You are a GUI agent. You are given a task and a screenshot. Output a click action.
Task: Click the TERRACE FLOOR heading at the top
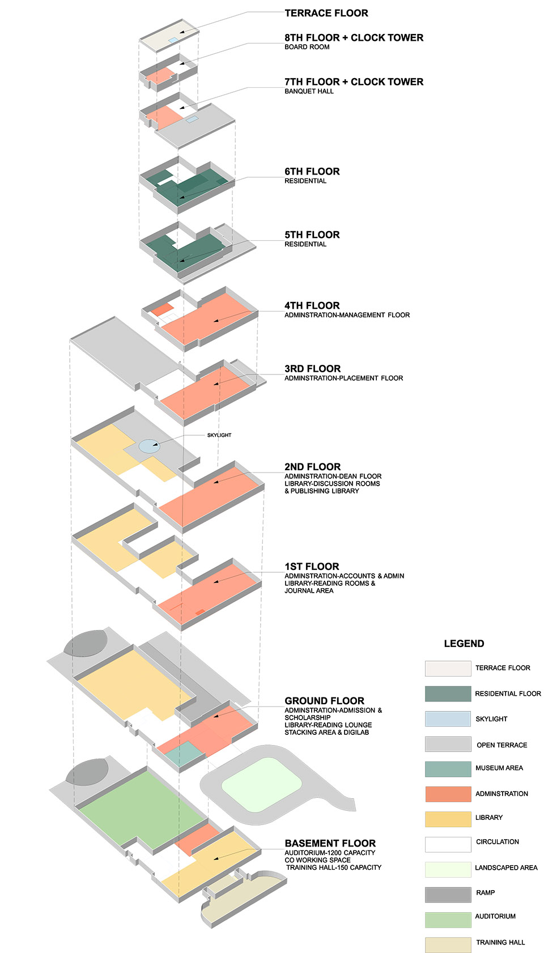tap(326, 13)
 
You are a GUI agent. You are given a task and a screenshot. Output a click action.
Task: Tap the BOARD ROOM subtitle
tap(307, 47)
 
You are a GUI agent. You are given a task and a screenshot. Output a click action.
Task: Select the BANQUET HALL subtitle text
tap(309, 91)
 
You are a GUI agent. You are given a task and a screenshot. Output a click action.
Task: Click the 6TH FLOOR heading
tap(312, 172)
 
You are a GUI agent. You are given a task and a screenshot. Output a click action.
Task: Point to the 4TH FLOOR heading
tap(312, 306)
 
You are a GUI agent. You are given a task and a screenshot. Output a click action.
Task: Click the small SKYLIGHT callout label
tap(219, 435)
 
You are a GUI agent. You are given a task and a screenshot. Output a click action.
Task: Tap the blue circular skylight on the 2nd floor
tap(150, 446)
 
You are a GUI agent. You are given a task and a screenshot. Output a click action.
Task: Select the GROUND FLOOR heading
tap(324, 701)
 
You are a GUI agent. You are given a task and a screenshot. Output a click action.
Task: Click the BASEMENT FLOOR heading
tap(330, 843)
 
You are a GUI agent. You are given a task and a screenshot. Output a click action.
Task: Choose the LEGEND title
tap(464, 644)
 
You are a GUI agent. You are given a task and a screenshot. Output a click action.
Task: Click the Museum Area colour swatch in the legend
tap(448, 769)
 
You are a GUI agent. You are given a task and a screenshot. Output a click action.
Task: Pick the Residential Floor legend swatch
tap(448, 694)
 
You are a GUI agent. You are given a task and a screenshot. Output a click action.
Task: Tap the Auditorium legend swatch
tap(448, 920)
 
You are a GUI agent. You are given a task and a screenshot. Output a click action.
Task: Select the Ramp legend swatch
tap(448, 894)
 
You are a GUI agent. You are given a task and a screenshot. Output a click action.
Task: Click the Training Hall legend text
tap(500, 942)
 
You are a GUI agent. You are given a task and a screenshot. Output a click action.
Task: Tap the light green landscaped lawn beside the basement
tap(261, 785)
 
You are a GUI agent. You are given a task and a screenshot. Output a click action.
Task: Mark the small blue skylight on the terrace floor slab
tap(173, 41)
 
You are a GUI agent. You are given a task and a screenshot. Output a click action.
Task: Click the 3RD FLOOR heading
tap(312, 369)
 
